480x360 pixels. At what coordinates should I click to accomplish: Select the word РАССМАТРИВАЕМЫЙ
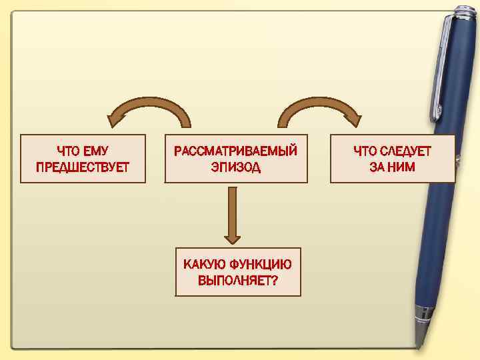[x=235, y=151]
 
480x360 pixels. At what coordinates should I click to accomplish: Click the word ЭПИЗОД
[x=236, y=167]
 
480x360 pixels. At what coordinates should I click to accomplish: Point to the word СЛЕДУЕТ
[x=406, y=151]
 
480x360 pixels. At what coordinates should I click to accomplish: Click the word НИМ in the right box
[x=402, y=167]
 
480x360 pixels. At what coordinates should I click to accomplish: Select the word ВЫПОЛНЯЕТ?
[x=238, y=280]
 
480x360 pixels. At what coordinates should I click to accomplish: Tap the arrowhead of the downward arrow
[x=232, y=237]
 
